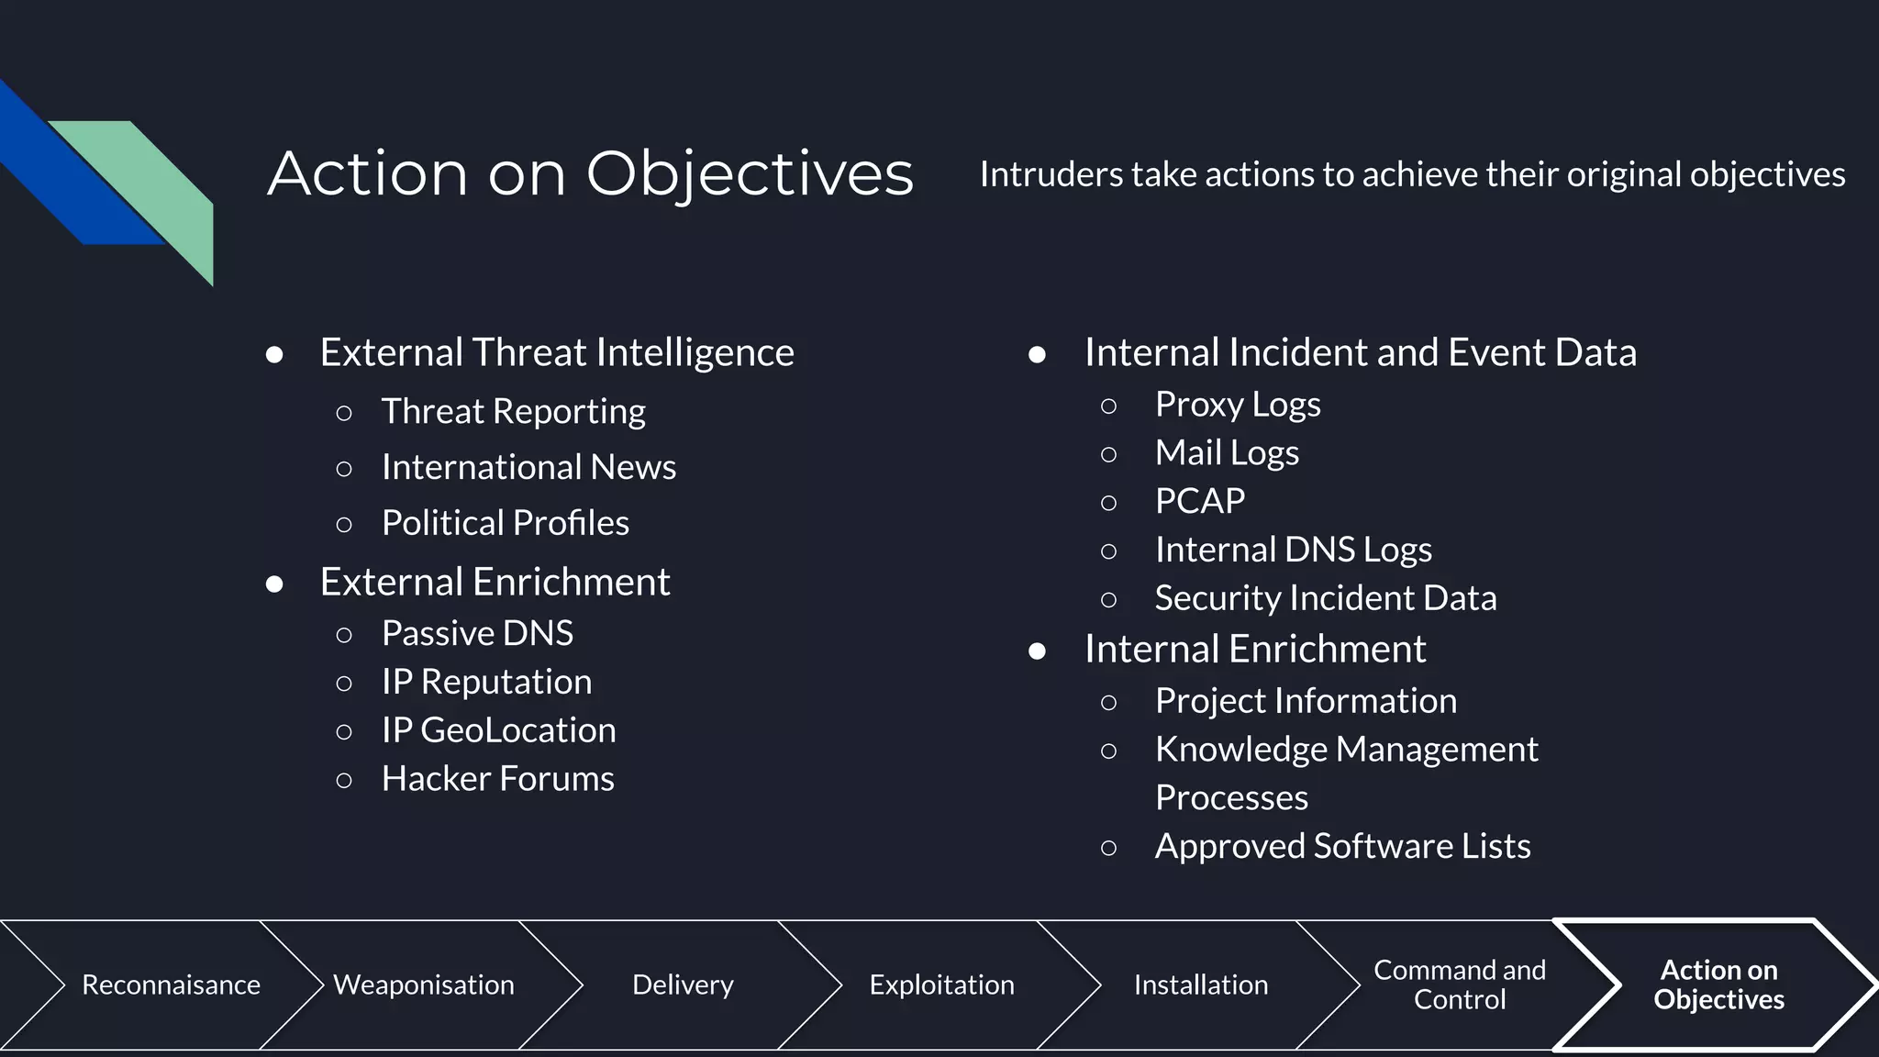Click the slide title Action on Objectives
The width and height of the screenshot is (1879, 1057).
click(x=590, y=173)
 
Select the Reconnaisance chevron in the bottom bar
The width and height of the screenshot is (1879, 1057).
click(x=171, y=985)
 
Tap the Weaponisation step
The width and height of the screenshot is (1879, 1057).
click(x=423, y=985)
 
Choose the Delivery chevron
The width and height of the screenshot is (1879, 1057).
click(x=683, y=985)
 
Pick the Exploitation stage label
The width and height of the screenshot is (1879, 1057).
click(x=941, y=985)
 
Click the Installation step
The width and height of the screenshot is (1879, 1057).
click(x=1200, y=985)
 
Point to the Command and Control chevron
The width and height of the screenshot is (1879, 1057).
click(x=1459, y=985)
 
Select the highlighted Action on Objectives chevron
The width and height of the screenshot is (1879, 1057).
click(x=1718, y=985)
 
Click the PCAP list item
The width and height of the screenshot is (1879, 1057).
click(x=1199, y=501)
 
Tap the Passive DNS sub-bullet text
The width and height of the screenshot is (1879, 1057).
click(x=477, y=633)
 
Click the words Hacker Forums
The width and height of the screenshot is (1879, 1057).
click(x=497, y=779)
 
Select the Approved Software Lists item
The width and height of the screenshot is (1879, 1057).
click(x=1342, y=846)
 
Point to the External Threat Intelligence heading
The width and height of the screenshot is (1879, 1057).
click(x=556, y=352)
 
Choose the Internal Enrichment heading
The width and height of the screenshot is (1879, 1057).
click(x=1254, y=650)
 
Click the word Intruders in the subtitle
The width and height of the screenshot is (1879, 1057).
click(x=1050, y=174)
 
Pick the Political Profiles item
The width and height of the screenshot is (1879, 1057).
click(x=505, y=523)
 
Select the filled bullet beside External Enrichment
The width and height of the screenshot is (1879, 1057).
click(x=274, y=584)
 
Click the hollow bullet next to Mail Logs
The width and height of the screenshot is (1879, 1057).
click(x=1108, y=454)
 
